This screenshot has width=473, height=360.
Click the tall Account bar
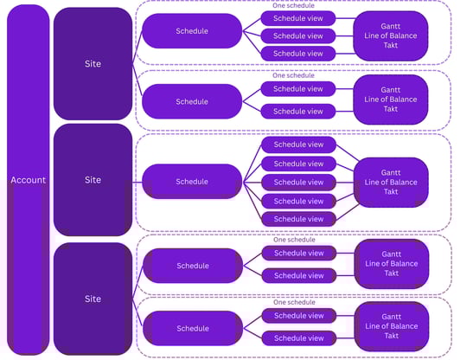(28, 180)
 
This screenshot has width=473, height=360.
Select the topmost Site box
(93, 64)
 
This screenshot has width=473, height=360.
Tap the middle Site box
(93, 180)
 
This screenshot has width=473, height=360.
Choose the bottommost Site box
(93, 299)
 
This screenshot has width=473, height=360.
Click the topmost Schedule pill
(192, 31)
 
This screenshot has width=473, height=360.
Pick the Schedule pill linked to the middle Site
(192, 182)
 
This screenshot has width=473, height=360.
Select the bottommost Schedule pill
(193, 328)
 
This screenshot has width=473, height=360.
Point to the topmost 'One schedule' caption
(293, 5)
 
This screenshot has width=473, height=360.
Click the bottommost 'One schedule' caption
(294, 302)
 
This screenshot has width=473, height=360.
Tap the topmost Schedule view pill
(298, 18)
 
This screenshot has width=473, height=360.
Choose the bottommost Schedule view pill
(299, 338)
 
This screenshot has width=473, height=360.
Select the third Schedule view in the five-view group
(298, 183)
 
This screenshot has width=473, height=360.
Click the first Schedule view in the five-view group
(298, 145)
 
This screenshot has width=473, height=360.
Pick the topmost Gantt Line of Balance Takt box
(390, 35)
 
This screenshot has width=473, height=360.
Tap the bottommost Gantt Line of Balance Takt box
(392, 326)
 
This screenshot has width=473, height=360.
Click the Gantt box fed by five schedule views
(391, 182)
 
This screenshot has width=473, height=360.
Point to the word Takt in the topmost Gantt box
(390, 45)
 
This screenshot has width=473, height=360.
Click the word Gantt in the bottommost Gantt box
(391, 317)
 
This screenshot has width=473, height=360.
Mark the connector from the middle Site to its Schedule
(137, 182)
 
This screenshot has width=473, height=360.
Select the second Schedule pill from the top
(192, 101)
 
